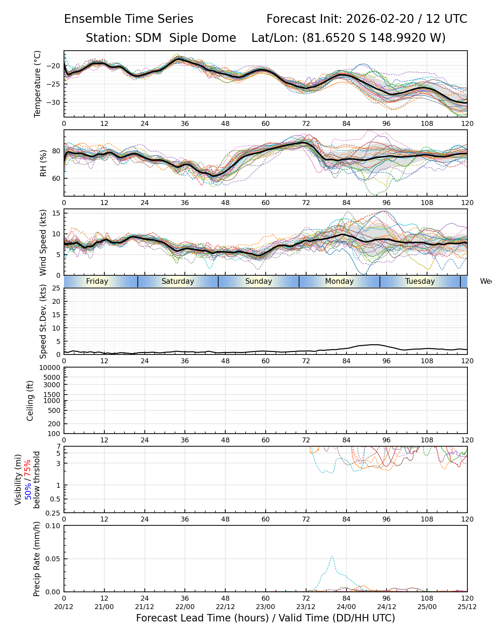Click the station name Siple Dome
click(x=202, y=38)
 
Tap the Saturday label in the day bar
click(x=178, y=281)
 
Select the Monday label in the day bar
click(x=339, y=281)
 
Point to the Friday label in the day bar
click(x=97, y=281)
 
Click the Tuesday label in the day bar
click(x=420, y=281)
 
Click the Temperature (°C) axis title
click(x=38, y=84)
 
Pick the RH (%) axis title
click(x=43, y=163)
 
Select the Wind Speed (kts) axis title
click(x=43, y=242)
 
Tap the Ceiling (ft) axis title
click(x=30, y=401)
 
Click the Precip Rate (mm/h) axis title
click(x=37, y=559)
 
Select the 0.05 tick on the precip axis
click(x=53, y=559)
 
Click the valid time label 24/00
click(x=346, y=606)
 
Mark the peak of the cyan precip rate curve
click(x=332, y=556)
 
